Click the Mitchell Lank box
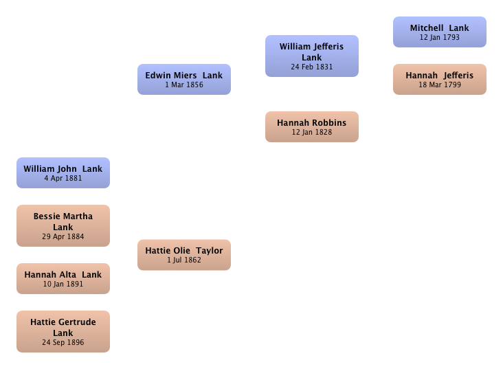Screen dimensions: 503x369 [x=440, y=32]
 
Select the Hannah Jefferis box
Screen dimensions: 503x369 [x=440, y=79]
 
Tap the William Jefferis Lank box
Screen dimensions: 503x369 [x=312, y=56]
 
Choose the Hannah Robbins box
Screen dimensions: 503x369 [x=312, y=126]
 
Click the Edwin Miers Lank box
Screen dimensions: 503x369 [x=184, y=79]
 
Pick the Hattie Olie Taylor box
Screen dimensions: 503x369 [x=184, y=255]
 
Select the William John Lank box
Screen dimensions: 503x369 [x=63, y=172]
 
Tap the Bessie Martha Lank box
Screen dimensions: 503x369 [x=63, y=225]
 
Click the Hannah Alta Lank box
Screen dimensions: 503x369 [x=63, y=278]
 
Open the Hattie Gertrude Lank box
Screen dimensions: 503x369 [x=63, y=331]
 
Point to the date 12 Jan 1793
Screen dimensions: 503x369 [x=440, y=37]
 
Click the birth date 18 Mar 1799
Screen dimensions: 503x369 [x=440, y=85]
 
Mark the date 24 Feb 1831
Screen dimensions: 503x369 [x=312, y=67]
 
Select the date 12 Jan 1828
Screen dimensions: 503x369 [x=312, y=132]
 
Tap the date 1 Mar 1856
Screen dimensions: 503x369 [x=184, y=85]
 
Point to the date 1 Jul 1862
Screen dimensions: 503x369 [x=184, y=260]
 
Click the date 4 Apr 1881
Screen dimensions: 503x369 [x=63, y=178]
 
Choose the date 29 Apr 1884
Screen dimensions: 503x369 [x=63, y=236]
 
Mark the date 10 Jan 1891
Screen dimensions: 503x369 [x=63, y=284]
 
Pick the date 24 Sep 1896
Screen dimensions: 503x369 [x=63, y=342]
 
